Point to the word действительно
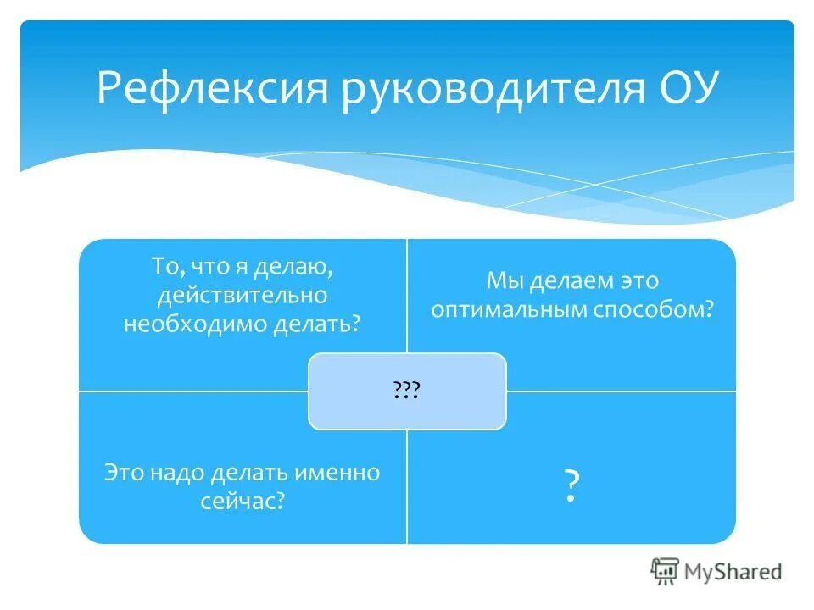[x=243, y=296]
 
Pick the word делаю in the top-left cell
[x=297, y=268]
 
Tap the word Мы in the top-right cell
[x=503, y=280]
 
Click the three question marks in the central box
[x=407, y=391]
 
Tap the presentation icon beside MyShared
[x=666, y=571]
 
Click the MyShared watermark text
[x=733, y=572]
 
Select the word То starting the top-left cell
[x=166, y=268]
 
